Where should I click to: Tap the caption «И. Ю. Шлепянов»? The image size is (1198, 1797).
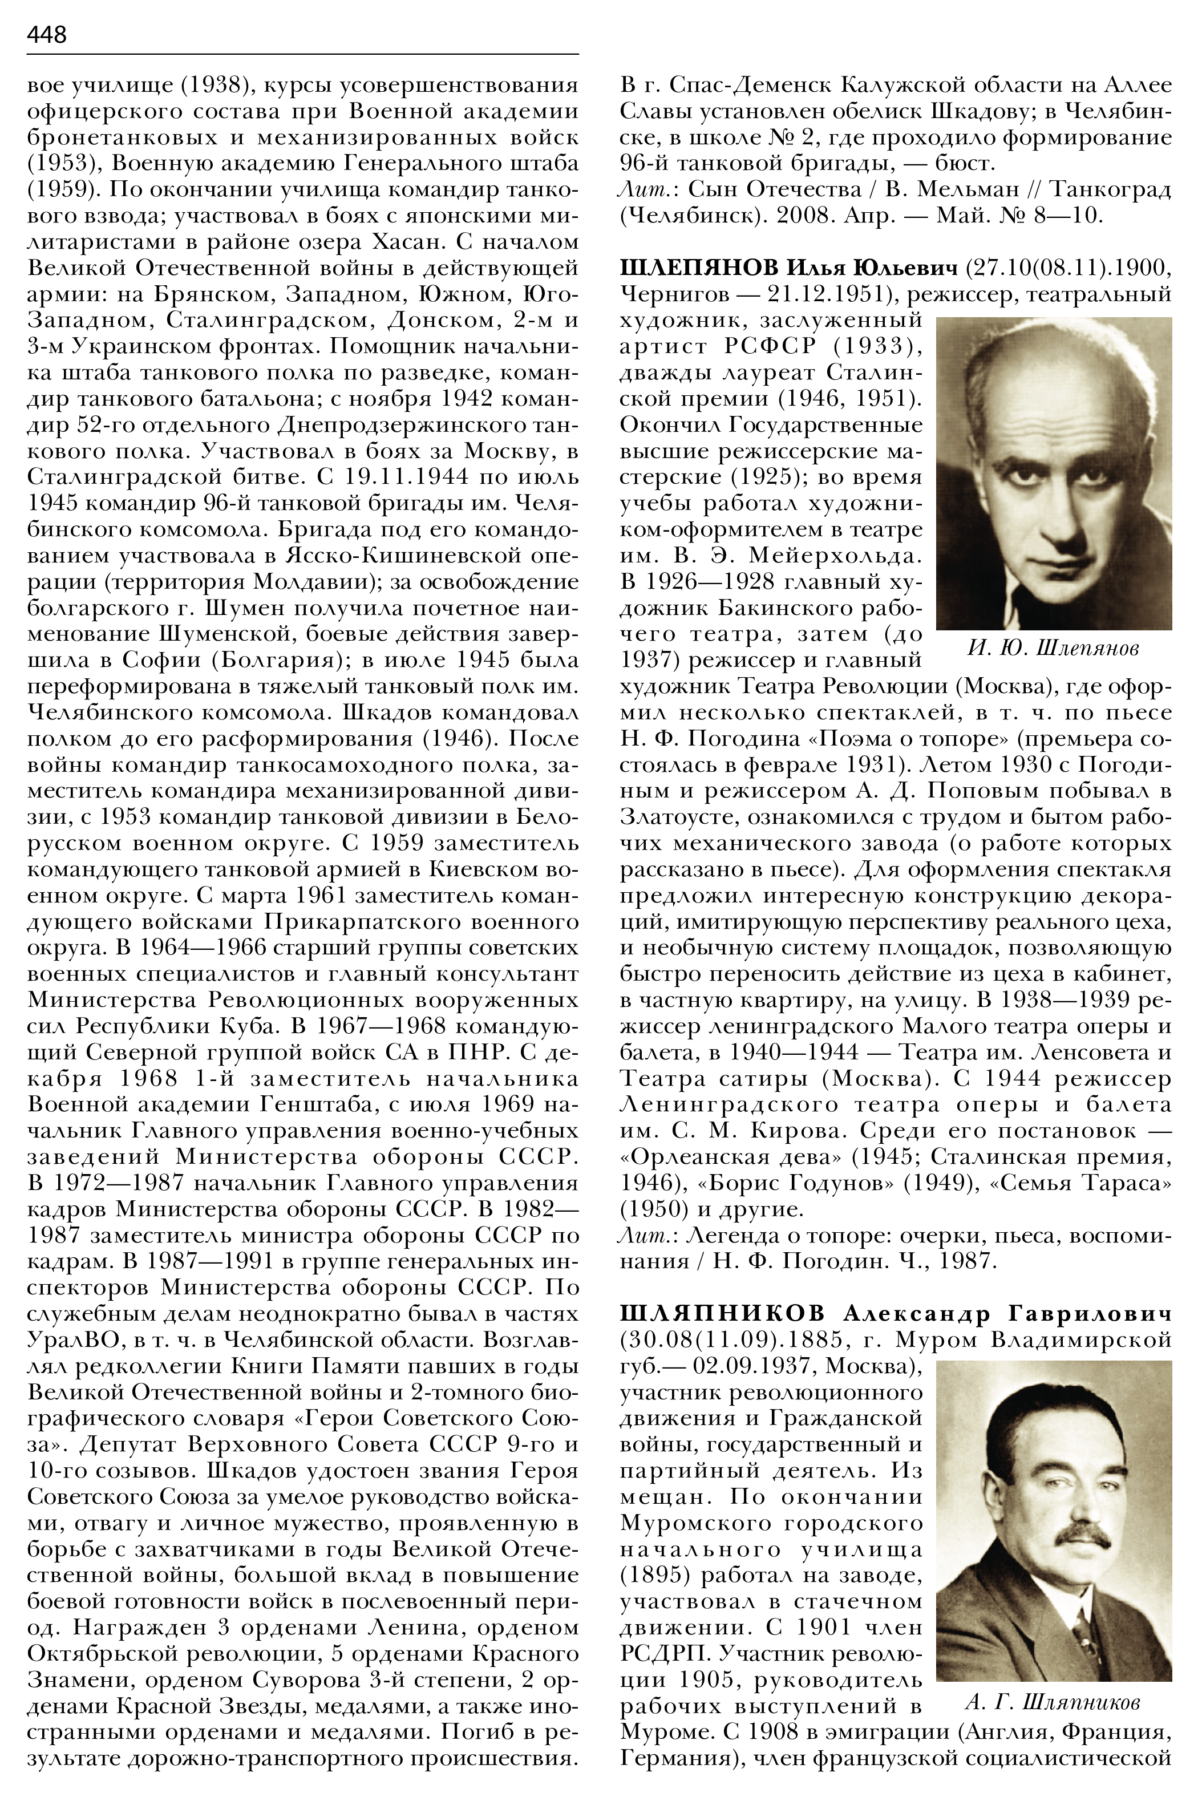[1053, 649]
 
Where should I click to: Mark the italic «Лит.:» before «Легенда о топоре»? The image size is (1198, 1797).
[640, 1236]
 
